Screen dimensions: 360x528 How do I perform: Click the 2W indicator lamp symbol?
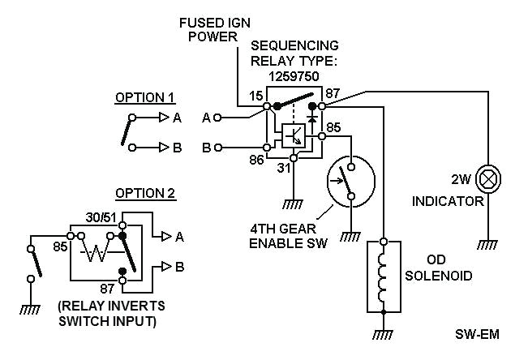pyautogui.click(x=488, y=177)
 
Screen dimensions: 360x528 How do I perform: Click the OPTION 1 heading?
pyautogui.click(x=144, y=97)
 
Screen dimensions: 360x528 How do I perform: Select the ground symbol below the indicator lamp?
pyautogui.click(x=488, y=243)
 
